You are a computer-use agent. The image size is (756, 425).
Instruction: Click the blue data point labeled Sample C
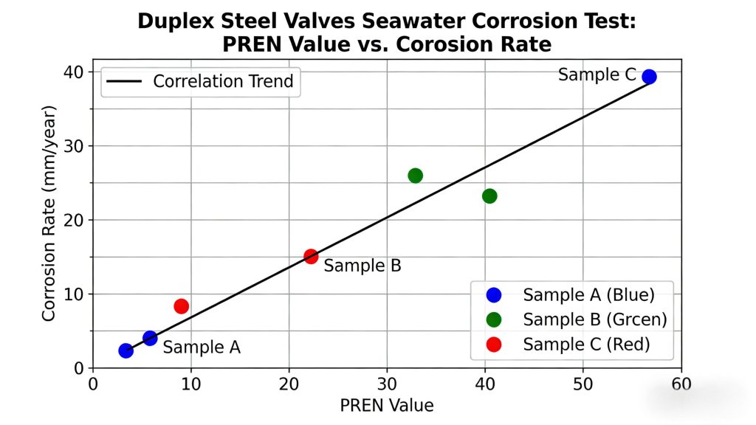click(649, 77)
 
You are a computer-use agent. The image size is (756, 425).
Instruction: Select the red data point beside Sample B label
click(311, 256)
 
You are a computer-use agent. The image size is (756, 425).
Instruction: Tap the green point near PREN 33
click(415, 176)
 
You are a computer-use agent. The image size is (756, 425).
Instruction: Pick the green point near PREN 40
click(489, 196)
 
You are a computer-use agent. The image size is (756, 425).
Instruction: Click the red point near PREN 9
click(181, 306)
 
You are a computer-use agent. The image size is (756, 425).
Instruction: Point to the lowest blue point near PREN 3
click(126, 350)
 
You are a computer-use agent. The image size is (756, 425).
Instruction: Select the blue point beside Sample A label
click(150, 338)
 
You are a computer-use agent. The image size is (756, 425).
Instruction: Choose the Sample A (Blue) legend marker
click(494, 295)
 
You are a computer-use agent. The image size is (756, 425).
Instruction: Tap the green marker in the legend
click(494, 319)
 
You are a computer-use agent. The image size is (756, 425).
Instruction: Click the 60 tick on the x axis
click(681, 384)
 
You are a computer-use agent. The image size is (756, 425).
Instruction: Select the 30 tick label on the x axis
click(388, 384)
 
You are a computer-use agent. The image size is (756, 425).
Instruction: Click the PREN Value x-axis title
click(387, 405)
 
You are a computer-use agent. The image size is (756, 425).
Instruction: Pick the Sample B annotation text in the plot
click(362, 266)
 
